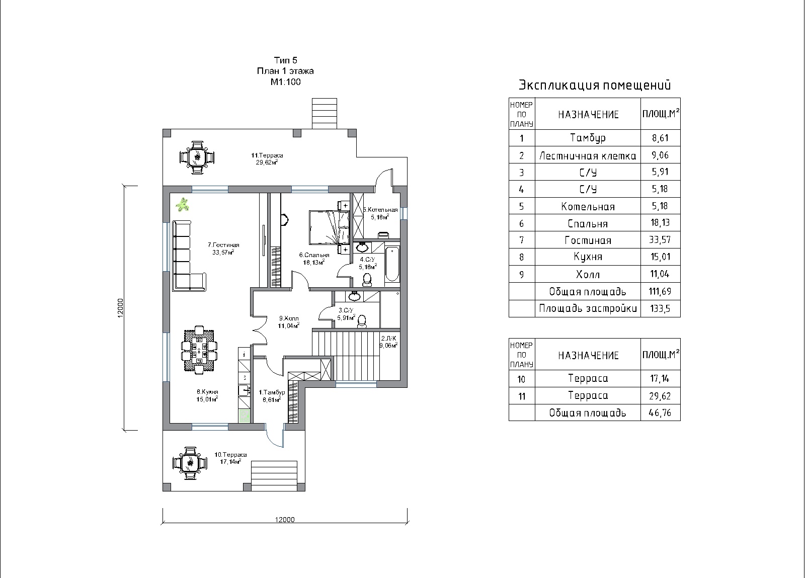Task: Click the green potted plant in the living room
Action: click(x=183, y=205)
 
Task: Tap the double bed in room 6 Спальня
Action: click(x=329, y=227)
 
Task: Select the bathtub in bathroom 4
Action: click(x=392, y=264)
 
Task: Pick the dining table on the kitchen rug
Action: click(x=199, y=350)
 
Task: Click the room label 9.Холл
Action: click(x=289, y=318)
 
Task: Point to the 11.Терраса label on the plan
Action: click(x=267, y=155)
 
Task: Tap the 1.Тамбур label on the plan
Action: click(x=272, y=392)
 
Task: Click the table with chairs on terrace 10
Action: click(x=190, y=463)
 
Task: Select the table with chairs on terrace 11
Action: click(x=197, y=157)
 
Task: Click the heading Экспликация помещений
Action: click(x=595, y=85)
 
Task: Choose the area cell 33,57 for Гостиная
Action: click(x=660, y=239)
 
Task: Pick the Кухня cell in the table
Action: click(x=588, y=257)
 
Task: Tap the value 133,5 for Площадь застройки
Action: click(x=660, y=308)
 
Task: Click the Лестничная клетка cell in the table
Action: click(x=588, y=155)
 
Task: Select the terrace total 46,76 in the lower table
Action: click(x=660, y=413)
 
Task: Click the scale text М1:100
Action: click(x=285, y=82)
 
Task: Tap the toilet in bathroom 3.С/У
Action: click(x=362, y=321)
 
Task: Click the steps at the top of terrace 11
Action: click(x=325, y=114)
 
